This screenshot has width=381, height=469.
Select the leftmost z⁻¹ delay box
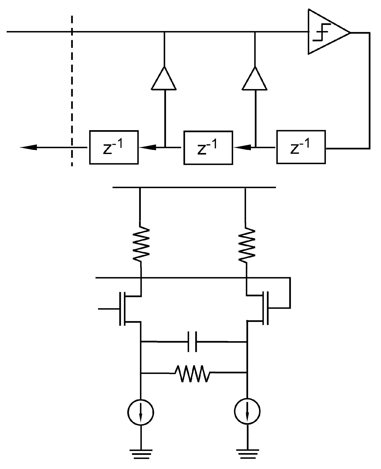pos(114,147)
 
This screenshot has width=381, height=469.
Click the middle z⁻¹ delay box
pos(208,147)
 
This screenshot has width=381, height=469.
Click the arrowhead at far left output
pos(28,147)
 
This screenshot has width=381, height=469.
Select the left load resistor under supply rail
pos(141,244)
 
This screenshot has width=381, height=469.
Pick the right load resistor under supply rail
pos(246,244)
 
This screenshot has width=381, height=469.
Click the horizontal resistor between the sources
pos(192,373)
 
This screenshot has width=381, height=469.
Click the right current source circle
pos(247,411)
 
